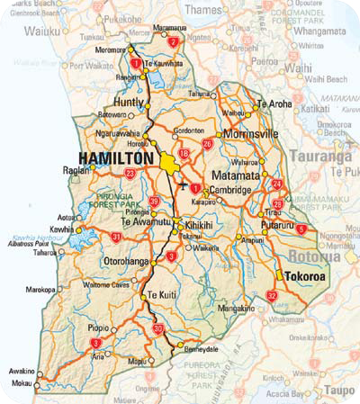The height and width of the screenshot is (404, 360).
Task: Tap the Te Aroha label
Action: pos(274,104)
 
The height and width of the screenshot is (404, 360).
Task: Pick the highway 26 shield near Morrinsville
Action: pos(208,144)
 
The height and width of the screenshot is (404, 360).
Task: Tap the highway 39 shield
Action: pos(154,202)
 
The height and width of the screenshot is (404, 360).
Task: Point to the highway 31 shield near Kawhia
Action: pos(116,237)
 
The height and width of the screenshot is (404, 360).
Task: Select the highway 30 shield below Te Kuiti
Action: pos(158,329)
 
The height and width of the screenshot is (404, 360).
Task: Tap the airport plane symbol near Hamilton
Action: pos(184,185)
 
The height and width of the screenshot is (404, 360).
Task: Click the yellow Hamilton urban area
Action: pos(170,164)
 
